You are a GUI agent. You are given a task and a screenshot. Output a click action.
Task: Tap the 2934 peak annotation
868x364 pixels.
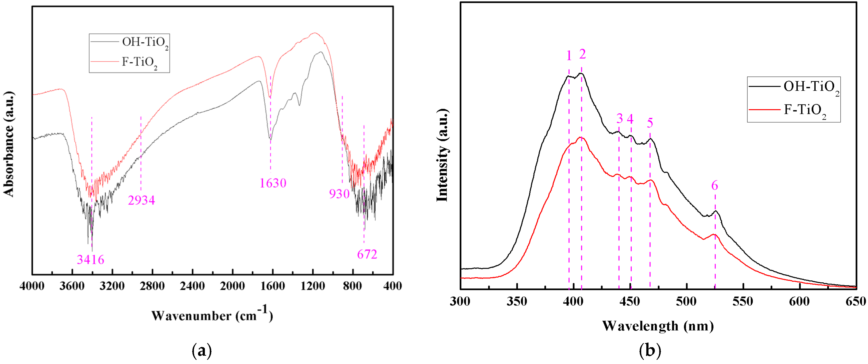[x=141, y=201]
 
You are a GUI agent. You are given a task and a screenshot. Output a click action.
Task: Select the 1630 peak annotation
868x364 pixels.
[x=273, y=183]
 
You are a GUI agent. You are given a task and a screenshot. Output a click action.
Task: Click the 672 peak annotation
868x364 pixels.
[x=367, y=254]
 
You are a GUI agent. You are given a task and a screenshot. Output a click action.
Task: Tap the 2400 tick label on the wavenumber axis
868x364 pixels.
[x=192, y=286]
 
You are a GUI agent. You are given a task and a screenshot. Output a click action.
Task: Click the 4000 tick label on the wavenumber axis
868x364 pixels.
[x=32, y=286]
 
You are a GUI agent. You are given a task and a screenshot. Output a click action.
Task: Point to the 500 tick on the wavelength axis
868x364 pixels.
[x=686, y=301]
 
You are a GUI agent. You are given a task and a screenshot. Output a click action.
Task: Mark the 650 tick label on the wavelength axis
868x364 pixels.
[x=856, y=301]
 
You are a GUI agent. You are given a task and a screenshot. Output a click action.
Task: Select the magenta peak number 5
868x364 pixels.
[x=650, y=123]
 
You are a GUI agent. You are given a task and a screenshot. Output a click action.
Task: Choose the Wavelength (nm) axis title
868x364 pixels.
[x=658, y=326]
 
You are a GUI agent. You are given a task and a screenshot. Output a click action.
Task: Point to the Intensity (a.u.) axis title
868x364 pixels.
[x=442, y=155]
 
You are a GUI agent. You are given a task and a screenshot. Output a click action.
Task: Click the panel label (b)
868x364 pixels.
[x=650, y=351]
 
